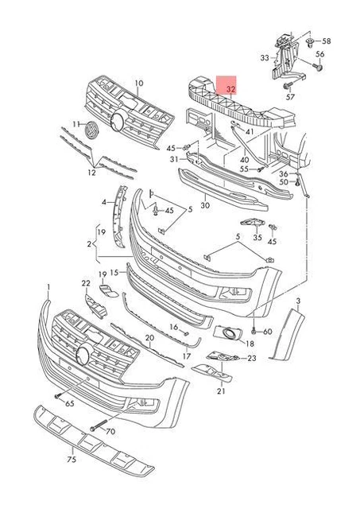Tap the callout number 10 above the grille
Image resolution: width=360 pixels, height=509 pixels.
pyautogui.click(x=138, y=83)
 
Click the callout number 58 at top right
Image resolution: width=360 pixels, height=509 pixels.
pyautogui.click(x=326, y=40)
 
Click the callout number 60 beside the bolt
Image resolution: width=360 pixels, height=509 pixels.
pyautogui.click(x=267, y=331)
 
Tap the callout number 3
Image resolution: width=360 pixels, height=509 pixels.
pyautogui.click(x=299, y=301)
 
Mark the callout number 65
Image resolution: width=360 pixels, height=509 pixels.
pyautogui.click(x=70, y=405)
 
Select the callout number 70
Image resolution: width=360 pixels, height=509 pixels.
pyautogui.click(x=110, y=431)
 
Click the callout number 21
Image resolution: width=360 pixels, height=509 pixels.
pyautogui.click(x=222, y=391)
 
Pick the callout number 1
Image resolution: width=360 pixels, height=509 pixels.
pyautogui.click(x=48, y=286)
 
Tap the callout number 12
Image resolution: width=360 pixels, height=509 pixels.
pyautogui.click(x=92, y=173)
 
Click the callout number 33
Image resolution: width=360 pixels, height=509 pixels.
pyautogui.click(x=265, y=58)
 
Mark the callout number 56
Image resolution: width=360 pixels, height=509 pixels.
pyautogui.click(x=320, y=54)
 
